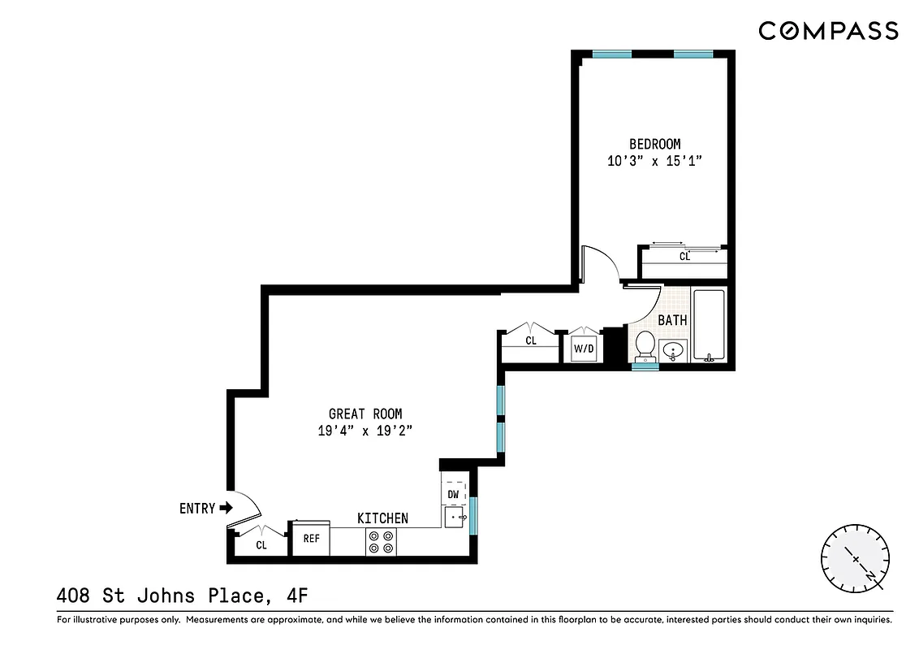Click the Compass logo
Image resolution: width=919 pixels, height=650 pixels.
click(828, 31)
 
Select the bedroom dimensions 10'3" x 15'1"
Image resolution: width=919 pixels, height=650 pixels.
click(654, 161)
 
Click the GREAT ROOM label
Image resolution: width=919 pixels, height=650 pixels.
click(365, 414)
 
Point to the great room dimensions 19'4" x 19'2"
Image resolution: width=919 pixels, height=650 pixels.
click(365, 431)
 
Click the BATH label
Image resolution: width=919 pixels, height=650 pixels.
click(672, 321)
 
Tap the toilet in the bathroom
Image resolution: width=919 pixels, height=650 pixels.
click(645, 344)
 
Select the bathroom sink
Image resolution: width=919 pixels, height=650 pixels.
click(674, 351)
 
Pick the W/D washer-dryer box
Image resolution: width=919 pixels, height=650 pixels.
click(585, 349)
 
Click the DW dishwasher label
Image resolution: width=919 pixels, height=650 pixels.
click(454, 494)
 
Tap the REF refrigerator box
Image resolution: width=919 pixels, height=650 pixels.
click(311, 538)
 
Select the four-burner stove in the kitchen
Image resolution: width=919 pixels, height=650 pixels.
click(382, 542)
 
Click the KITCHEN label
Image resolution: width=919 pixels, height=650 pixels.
click(382, 518)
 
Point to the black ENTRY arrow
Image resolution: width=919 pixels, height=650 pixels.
click(226, 509)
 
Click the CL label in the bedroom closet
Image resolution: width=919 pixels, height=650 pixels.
click(684, 256)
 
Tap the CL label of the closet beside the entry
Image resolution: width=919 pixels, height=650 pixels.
click(261, 545)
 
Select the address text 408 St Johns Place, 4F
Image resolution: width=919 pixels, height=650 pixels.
click(183, 596)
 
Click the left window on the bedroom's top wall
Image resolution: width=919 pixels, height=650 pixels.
click(612, 54)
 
